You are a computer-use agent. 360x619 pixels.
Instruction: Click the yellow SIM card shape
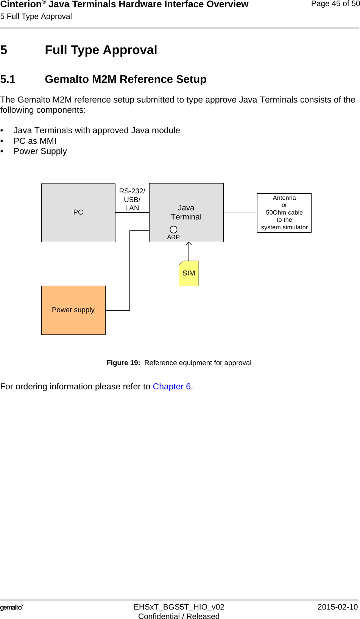coord(189,273)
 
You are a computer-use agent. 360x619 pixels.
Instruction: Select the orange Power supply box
coord(73,310)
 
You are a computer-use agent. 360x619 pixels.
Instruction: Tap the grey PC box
coord(78,213)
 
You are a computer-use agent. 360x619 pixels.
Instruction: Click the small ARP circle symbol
coord(173,230)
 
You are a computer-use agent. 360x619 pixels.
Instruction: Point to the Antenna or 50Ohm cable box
coord(284,213)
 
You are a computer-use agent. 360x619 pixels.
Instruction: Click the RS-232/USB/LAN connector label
coord(132,199)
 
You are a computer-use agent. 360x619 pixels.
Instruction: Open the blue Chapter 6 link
coord(171,386)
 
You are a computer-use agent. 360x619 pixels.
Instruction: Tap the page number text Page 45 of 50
coord(335,4)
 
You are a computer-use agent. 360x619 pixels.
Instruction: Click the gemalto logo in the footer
coord(12,607)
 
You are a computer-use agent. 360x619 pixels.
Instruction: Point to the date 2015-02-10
coord(337,607)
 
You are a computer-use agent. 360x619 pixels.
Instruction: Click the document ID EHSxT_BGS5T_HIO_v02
coord(179,607)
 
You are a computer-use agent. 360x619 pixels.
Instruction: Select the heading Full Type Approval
coord(101,50)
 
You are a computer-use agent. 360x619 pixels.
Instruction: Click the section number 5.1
coord(8,79)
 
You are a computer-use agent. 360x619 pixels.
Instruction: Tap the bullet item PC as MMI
coord(35,141)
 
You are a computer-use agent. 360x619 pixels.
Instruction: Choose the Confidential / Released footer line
coord(179,616)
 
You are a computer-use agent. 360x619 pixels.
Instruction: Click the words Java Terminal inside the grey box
coord(186,212)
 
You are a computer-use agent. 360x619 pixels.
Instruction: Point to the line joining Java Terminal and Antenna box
coord(240,213)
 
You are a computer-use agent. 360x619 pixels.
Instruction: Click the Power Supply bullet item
coord(40,151)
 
